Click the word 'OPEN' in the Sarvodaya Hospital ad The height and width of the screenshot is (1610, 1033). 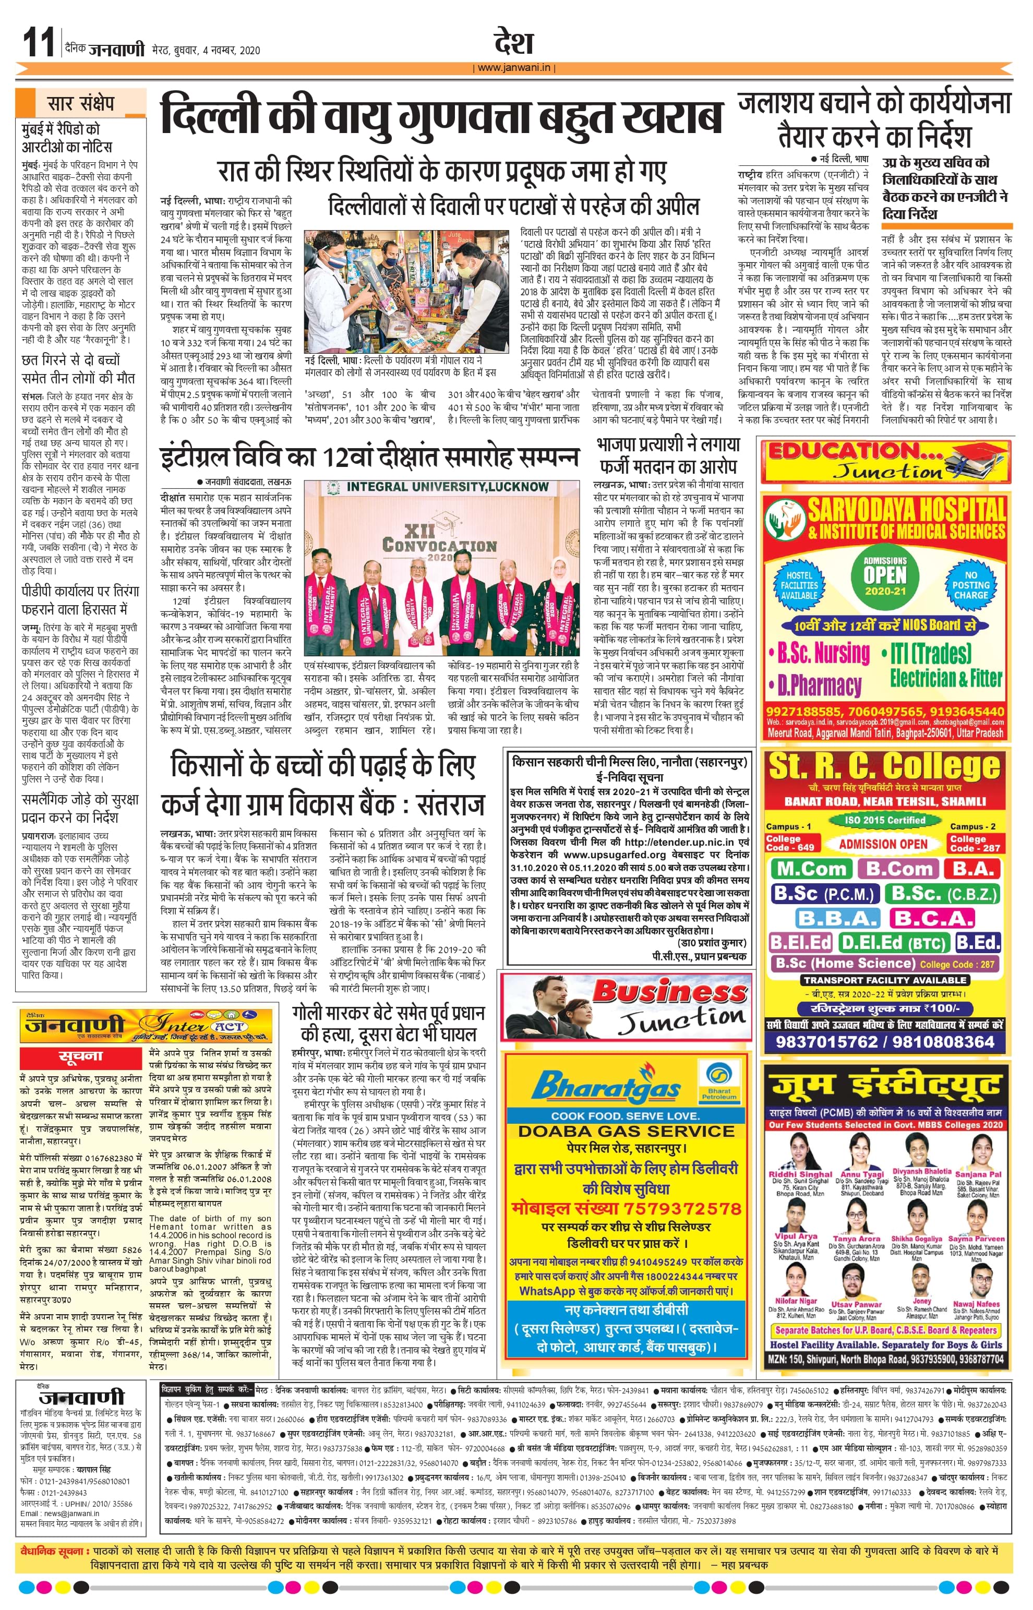[885, 575]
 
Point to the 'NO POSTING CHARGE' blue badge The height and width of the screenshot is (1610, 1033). [970, 585]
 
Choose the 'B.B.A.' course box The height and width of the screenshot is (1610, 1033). [838, 918]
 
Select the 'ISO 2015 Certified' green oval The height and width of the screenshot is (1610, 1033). [885, 820]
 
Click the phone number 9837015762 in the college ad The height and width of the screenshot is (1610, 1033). [826, 1042]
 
